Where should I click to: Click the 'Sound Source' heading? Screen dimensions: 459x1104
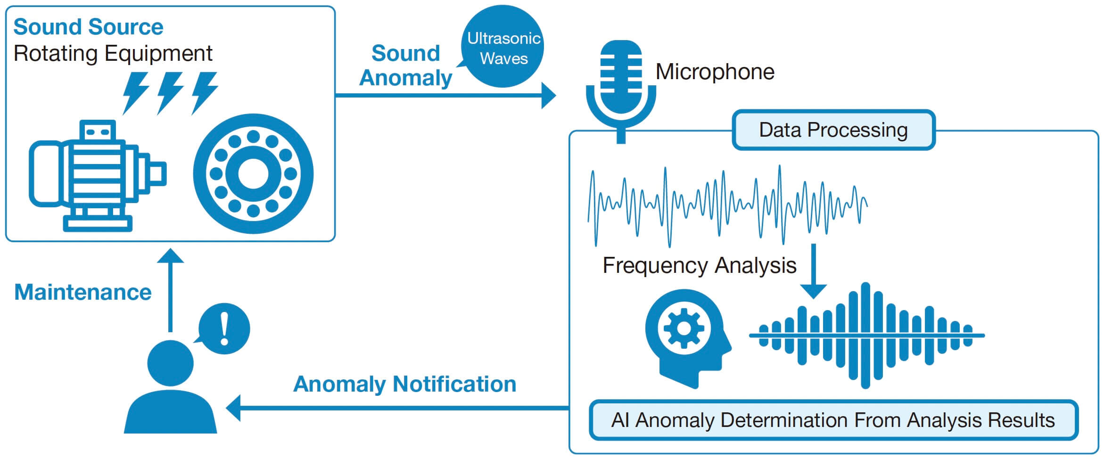tap(88, 27)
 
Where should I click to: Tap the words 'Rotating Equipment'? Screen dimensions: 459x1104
tap(113, 53)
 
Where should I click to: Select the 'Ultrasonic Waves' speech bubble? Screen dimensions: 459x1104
tap(503, 48)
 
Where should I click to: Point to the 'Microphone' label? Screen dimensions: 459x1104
tap(715, 72)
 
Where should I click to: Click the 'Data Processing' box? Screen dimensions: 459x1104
tap(833, 130)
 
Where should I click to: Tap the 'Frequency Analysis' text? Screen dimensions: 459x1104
tap(699, 265)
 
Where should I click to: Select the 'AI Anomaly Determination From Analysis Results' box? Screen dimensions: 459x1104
tap(833, 420)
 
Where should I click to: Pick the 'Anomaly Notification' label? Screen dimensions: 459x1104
tap(404, 384)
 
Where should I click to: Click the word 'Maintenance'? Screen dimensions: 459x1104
tap(83, 292)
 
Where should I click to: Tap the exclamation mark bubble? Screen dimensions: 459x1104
tap(224, 328)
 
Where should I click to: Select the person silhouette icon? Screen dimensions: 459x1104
tap(170, 386)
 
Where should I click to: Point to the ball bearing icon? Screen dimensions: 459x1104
tap(253, 173)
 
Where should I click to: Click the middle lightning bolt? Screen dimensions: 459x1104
tap(170, 92)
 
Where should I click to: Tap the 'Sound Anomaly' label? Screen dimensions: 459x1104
tap(405, 66)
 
